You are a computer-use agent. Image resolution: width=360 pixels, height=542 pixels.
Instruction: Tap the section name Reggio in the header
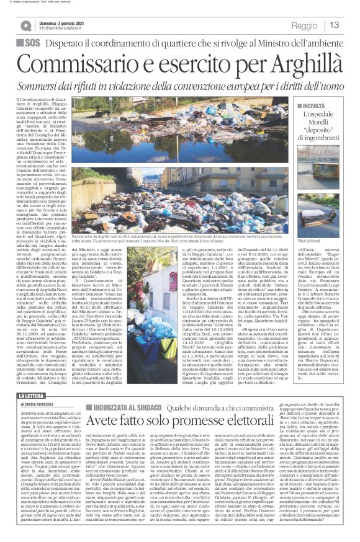coord(304,25)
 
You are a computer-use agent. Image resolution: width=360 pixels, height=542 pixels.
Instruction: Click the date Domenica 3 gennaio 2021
coord(61,22)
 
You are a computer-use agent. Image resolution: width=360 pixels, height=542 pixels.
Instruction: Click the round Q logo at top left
coord(25,25)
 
